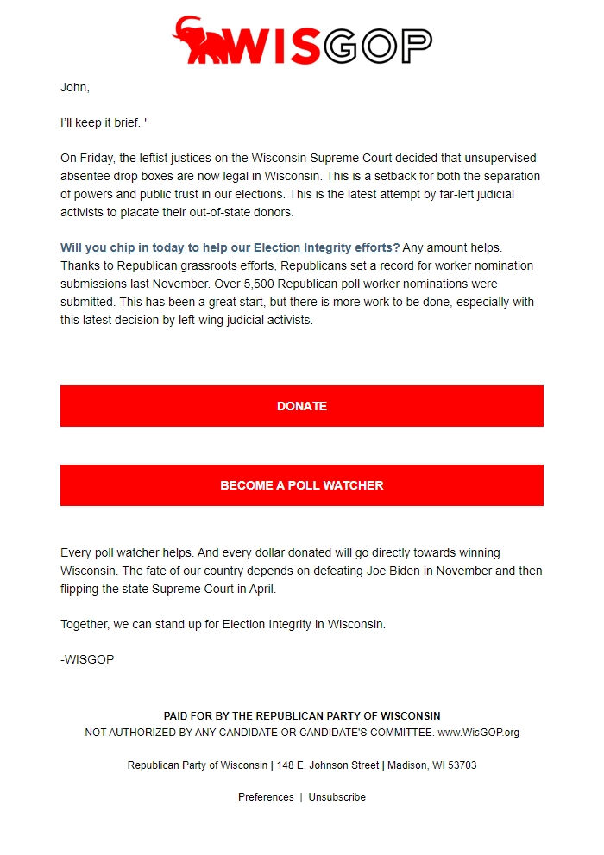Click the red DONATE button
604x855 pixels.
[x=302, y=406]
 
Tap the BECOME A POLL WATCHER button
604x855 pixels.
[x=302, y=485]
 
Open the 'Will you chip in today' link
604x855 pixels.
[x=230, y=247]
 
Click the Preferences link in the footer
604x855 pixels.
[x=266, y=797]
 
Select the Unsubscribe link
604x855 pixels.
[x=337, y=797]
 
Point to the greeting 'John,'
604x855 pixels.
[x=75, y=87]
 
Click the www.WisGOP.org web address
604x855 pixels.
[x=478, y=733]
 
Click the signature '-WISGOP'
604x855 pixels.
[x=87, y=660]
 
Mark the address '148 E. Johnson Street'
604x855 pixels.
[x=328, y=765]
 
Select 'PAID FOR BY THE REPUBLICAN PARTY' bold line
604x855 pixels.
[x=302, y=716]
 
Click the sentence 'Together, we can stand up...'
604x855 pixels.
[x=223, y=624]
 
